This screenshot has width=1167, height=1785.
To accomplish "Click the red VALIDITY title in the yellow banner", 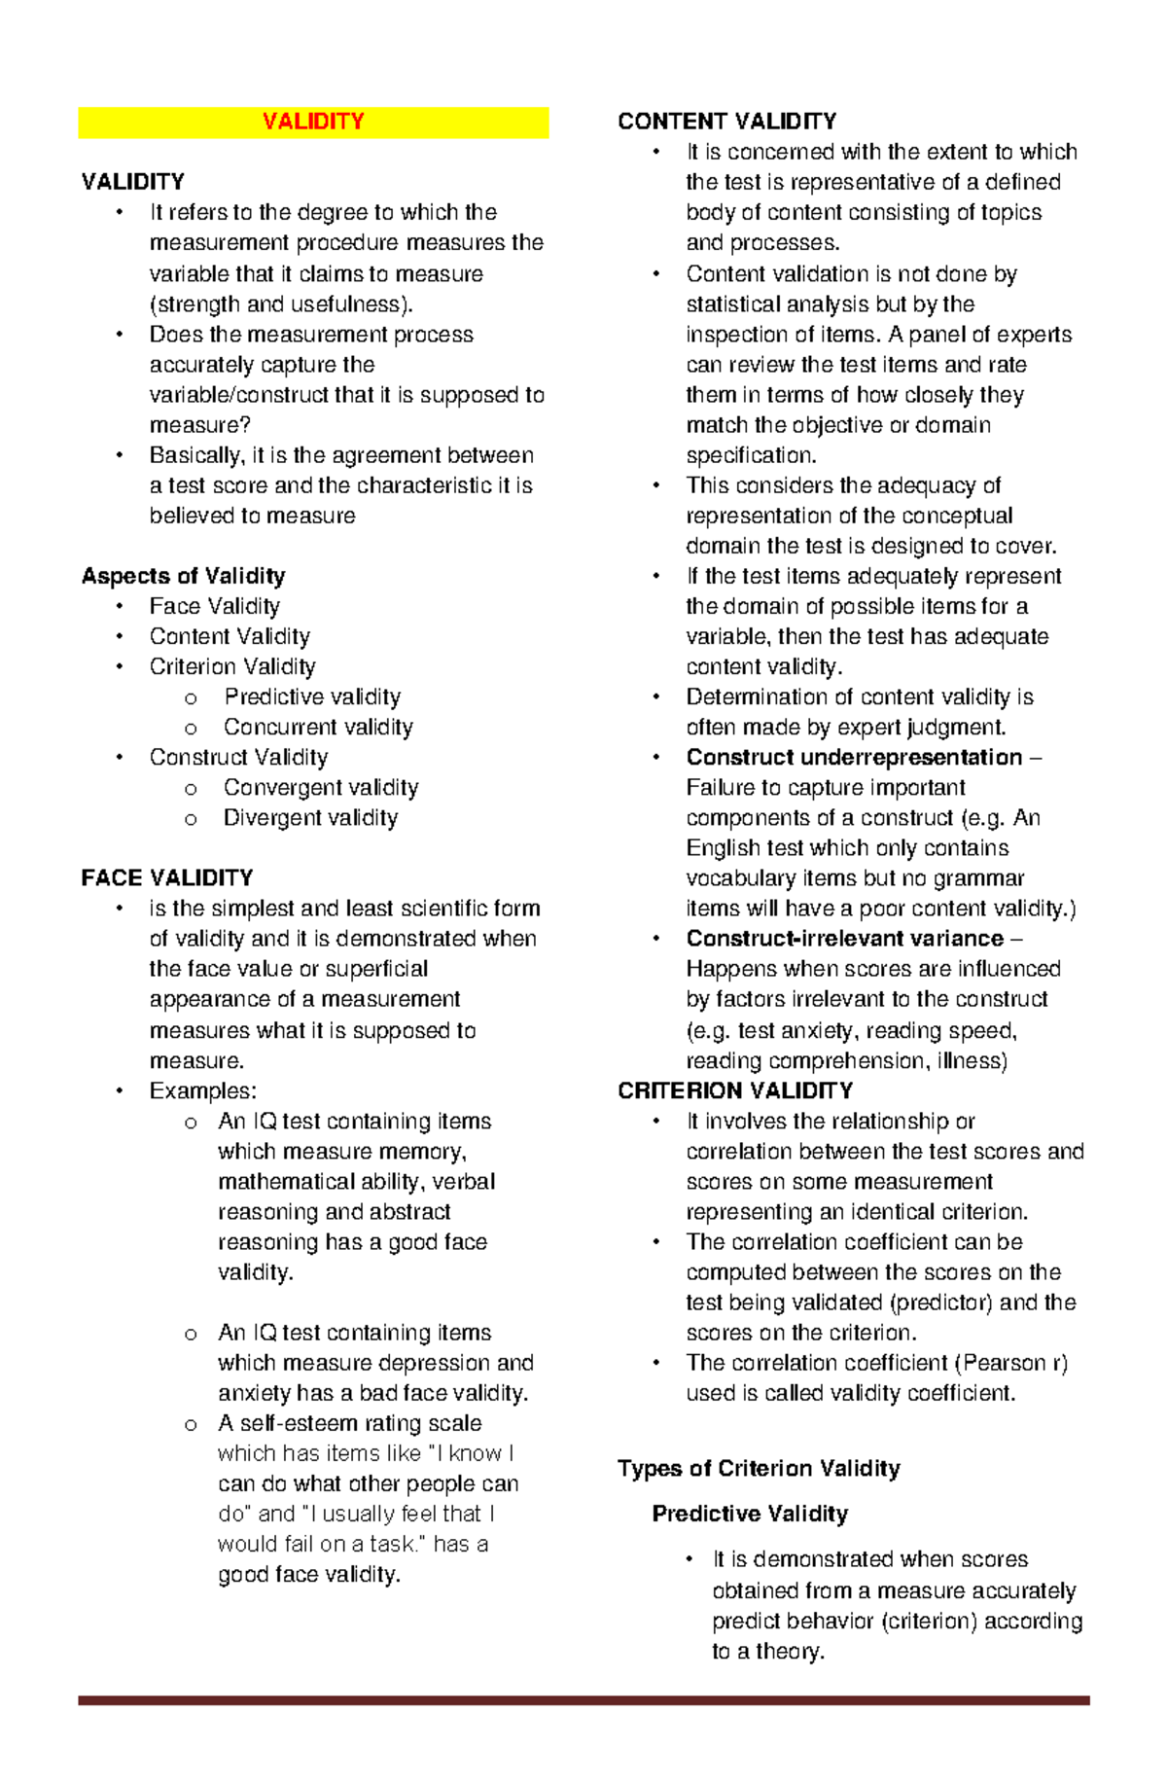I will pos(313,122).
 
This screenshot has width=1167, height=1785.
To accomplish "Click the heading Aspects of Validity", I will pos(183,576).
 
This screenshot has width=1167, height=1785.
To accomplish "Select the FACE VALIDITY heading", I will pos(167,878).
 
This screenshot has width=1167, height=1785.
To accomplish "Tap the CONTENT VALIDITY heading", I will pos(726,122).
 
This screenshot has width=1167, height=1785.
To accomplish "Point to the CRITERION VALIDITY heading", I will pos(735,1090).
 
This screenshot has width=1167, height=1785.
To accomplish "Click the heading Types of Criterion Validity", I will pos(759,1468).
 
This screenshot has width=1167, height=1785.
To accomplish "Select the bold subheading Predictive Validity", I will pos(750,1514).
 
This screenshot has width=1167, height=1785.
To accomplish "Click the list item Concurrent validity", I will pos(318,727).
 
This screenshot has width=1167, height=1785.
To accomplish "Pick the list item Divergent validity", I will pos(310,818).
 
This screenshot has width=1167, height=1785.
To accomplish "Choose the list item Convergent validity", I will pos(321,787).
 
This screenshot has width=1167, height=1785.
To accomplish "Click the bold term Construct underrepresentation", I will pos(854,757).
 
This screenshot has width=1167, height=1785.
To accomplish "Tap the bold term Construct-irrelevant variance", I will pos(844,939).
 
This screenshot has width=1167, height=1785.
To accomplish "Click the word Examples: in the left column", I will pos(202,1090).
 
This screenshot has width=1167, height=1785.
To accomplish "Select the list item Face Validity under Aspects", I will pos(214,606).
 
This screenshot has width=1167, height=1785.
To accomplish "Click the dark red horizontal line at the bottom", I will pos(583,1700).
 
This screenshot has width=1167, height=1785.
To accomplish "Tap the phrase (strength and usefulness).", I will pos(281,303).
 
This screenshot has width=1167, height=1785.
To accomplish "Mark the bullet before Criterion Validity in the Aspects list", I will pos(120,667).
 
